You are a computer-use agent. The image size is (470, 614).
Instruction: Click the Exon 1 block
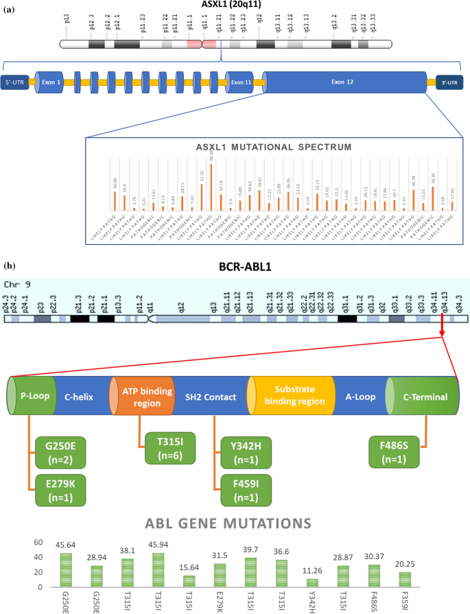[x=49, y=82]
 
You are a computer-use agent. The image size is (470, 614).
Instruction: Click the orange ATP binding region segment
[x=141, y=397]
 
